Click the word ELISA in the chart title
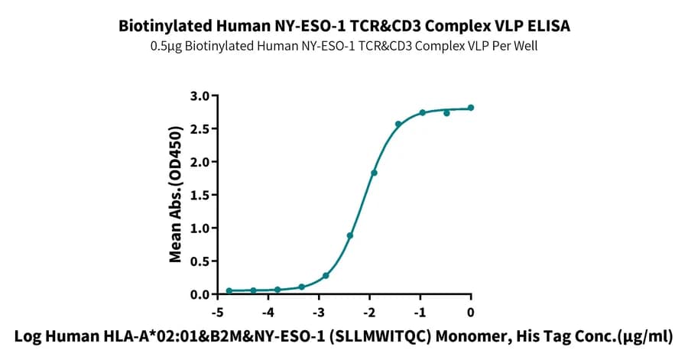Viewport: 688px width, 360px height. (550, 25)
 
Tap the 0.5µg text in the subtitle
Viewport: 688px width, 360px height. (166, 46)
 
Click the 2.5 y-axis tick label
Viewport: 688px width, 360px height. (200, 129)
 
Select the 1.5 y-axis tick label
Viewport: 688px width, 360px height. (200, 195)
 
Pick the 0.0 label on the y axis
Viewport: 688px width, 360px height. (200, 295)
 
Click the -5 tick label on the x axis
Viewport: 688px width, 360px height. (217, 313)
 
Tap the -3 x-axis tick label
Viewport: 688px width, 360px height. (319, 313)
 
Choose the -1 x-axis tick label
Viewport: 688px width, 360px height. (420, 313)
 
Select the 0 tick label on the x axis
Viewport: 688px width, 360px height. (471, 313)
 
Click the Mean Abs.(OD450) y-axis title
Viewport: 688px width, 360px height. (176, 195)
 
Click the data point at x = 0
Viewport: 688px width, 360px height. (471, 108)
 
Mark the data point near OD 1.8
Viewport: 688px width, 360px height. (375, 173)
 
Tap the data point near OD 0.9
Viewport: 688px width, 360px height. (349, 236)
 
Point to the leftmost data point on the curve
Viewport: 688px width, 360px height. (229, 290)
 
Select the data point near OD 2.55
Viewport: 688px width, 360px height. (398, 124)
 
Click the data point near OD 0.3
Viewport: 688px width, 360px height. (326, 276)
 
